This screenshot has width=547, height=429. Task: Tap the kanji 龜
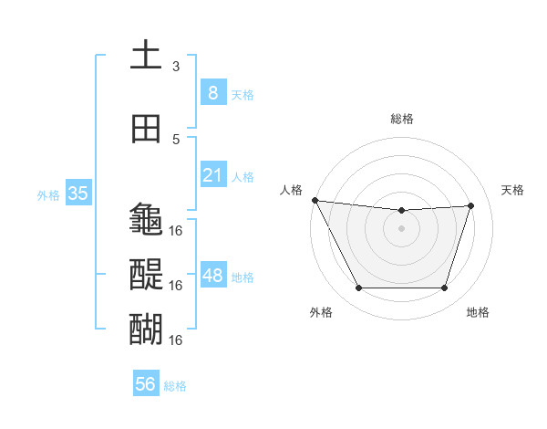tap(146, 219)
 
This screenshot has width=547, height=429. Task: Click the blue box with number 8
tap(212, 93)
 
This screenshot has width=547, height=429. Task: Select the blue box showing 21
tap(212, 175)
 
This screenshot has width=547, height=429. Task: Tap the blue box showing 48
tap(212, 276)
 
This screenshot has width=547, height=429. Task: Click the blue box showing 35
tap(77, 194)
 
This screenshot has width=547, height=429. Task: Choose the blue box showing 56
tap(145, 385)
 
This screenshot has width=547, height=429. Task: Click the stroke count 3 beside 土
tap(176, 67)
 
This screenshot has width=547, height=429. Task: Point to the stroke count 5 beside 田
tap(176, 140)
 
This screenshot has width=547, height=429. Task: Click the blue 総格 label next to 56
tap(175, 386)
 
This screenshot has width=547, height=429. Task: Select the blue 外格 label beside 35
tap(48, 194)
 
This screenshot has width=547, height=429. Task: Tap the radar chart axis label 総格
tap(401, 119)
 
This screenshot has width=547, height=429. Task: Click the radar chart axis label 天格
tap(513, 190)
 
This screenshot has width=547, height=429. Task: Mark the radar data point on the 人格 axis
tap(315, 200)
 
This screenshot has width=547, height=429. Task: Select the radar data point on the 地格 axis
tap(444, 288)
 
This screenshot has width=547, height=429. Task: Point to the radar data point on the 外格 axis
tap(358, 288)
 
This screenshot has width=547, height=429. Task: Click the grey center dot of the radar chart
tap(401, 228)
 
